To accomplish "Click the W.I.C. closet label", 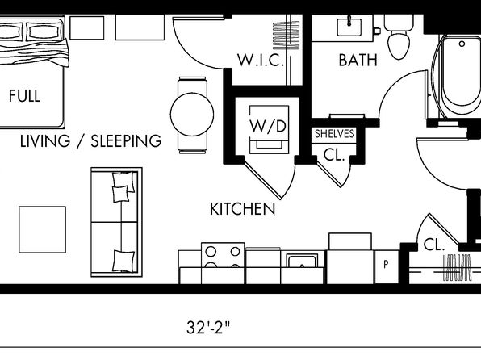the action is tap(261, 61).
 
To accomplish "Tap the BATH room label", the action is tap(358, 61).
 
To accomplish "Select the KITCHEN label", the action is tap(242, 209).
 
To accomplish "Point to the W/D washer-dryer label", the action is tap(268, 126).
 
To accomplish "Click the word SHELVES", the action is tap(334, 133).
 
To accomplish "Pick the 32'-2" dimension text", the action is tap(208, 327).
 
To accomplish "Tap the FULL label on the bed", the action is tap(24, 96).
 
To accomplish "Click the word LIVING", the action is tap(45, 141).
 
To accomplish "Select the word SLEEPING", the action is tap(126, 141).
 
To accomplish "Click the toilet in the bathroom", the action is tap(399, 37).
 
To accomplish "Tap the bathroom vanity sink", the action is tap(349, 27).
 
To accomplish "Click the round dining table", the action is tap(192, 114).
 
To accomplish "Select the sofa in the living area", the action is tap(116, 222).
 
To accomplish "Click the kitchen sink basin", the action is tap(302, 261).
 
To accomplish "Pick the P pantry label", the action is tap(387, 264).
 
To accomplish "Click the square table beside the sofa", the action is tap(42, 229).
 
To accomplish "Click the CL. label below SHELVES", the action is tap(334, 156).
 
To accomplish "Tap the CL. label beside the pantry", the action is tap(433, 245).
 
